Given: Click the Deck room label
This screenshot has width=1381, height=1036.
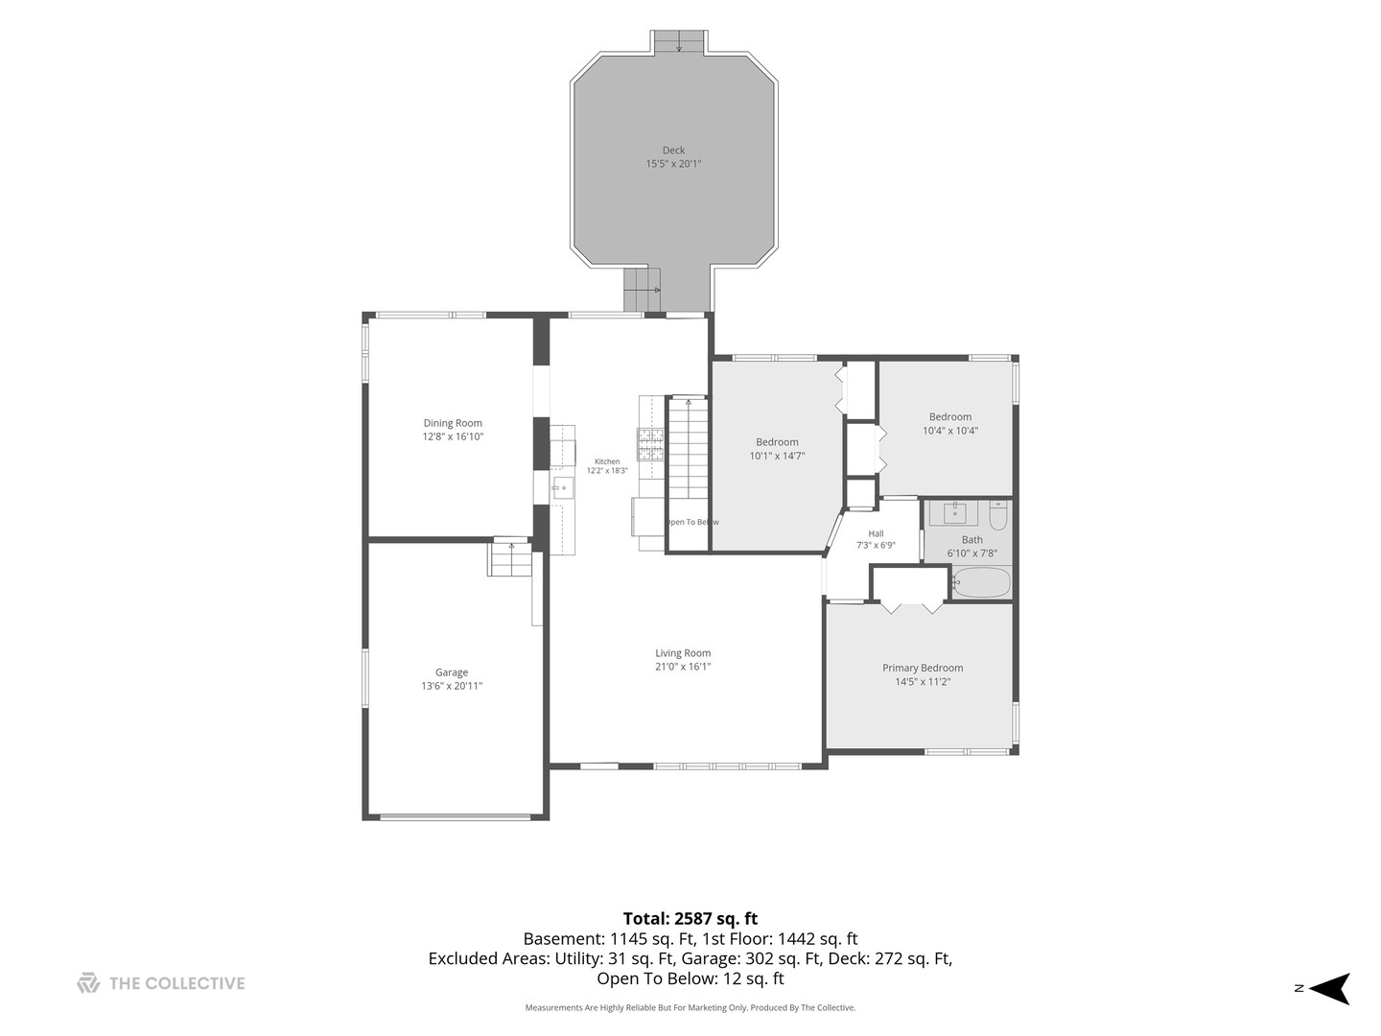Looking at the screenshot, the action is click(x=672, y=150).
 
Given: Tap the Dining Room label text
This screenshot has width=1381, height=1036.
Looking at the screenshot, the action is click(x=453, y=423).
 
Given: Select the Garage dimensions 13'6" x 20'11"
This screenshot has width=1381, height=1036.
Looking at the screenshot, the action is click(x=452, y=686).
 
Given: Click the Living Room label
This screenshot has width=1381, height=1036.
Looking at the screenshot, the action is click(x=683, y=653).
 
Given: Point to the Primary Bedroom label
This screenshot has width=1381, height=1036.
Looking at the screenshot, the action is click(x=923, y=668).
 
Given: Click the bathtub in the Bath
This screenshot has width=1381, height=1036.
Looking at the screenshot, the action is click(x=981, y=582).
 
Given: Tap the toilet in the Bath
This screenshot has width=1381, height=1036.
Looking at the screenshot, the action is click(x=997, y=515).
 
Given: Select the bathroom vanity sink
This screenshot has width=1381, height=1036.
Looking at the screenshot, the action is click(x=954, y=513).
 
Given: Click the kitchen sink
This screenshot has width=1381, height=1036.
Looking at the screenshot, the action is click(x=562, y=488).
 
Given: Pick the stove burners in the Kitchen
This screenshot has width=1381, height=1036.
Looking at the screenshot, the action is click(x=650, y=444).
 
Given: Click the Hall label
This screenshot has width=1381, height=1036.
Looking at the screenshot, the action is click(x=876, y=533).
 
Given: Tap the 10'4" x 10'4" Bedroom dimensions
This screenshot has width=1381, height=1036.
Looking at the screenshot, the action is click(x=950, y=431).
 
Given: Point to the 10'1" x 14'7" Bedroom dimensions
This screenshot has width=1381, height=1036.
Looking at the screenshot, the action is click(x=777, y=456).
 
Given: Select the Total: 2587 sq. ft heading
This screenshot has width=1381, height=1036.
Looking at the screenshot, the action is click(x=690, y=918).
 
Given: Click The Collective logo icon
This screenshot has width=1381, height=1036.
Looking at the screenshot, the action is click(x=88, y=982).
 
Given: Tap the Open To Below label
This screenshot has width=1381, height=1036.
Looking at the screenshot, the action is click(x=692, y=522).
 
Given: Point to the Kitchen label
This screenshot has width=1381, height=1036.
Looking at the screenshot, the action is click(x=607, y=461).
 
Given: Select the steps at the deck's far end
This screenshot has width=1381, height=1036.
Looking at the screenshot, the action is click(x=678, y=41).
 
